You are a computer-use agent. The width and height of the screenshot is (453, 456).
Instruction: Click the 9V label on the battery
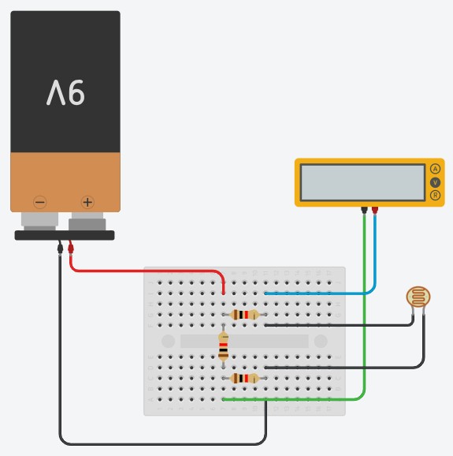coord(65,92)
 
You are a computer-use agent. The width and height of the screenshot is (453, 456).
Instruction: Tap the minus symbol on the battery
coord(40,202)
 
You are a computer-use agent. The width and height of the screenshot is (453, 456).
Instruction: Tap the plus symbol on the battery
coord(87,202)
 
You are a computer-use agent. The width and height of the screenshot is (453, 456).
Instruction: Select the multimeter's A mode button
coord(435,169)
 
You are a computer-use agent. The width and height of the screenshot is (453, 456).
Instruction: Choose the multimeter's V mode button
coord(435,182)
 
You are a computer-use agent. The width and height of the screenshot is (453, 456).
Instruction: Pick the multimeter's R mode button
coord(435,195)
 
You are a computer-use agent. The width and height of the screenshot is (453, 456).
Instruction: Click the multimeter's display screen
coord(362,182)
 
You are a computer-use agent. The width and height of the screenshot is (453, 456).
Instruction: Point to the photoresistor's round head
coord(418,297)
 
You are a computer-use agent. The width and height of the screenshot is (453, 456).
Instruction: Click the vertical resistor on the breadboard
coord(223,346)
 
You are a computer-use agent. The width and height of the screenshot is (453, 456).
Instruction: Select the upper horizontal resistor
coord(244,315)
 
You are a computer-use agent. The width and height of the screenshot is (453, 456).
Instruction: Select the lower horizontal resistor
coord(244,379)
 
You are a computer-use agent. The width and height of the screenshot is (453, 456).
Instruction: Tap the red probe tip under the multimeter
coord(375,210)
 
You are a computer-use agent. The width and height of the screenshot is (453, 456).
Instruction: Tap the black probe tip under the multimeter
coord(364,210)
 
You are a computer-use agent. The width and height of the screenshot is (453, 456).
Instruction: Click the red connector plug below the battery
coord(71,248)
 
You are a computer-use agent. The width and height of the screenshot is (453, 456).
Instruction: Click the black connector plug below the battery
coord(60,248)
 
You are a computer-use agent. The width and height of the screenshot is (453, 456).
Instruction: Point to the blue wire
coord(348,293)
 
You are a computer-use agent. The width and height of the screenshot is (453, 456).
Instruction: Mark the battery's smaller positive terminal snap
coord(87,222)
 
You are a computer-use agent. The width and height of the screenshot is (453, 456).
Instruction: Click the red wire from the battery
coord(145,271)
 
